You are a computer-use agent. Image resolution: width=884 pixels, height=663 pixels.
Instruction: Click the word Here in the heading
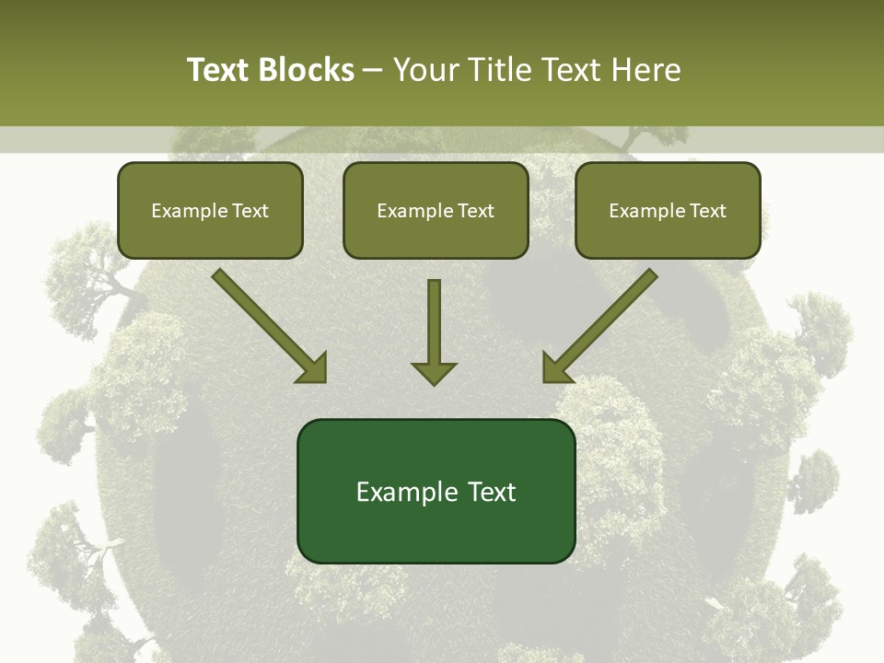coord(648,70)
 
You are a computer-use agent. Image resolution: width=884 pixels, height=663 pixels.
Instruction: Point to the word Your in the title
coord(427,70)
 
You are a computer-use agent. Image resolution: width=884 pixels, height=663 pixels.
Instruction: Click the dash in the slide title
coord(373,70)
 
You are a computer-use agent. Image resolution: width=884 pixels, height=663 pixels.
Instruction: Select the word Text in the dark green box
coord(493,492)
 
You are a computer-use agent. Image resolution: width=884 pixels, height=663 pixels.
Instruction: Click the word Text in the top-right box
coord(707,211)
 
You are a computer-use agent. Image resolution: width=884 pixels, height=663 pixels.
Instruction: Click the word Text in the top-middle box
coord(475,211)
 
